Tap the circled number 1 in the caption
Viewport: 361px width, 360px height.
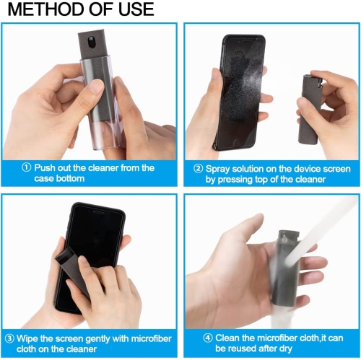point(27,168)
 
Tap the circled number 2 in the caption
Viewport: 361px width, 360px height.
point(199,168)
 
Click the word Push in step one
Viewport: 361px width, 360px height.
point(48,168)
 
